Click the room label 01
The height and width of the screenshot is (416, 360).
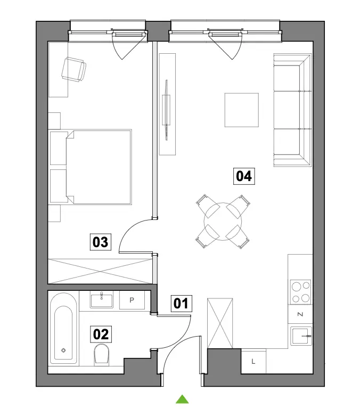[181, 303]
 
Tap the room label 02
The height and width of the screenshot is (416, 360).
[101, 334]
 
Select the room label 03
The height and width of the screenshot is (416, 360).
[100, 242]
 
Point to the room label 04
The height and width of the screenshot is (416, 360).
[244, 176]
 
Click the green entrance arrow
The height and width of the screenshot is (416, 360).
[182, 399]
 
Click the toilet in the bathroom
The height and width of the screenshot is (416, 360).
[101, 354]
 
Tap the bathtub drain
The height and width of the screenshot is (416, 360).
[63, 350]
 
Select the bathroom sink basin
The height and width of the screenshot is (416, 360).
[102, 300]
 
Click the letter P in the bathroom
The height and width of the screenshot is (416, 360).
[132, 300]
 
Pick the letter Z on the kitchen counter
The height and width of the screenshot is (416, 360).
[300, 314]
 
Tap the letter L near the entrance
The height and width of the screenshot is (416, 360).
[253, 361]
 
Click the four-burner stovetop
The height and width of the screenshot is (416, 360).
[300, 292]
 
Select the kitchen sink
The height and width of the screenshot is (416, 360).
[301, 336]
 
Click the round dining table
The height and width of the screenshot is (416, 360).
[223, 222]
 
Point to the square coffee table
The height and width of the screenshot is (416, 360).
[242, 110]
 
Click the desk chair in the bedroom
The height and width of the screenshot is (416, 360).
[73, 69]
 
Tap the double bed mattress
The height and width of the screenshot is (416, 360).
[99, 167]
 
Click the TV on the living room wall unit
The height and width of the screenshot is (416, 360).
[167, 110]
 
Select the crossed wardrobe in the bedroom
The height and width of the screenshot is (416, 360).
[100, 272]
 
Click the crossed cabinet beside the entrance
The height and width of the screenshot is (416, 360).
[220, 323]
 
